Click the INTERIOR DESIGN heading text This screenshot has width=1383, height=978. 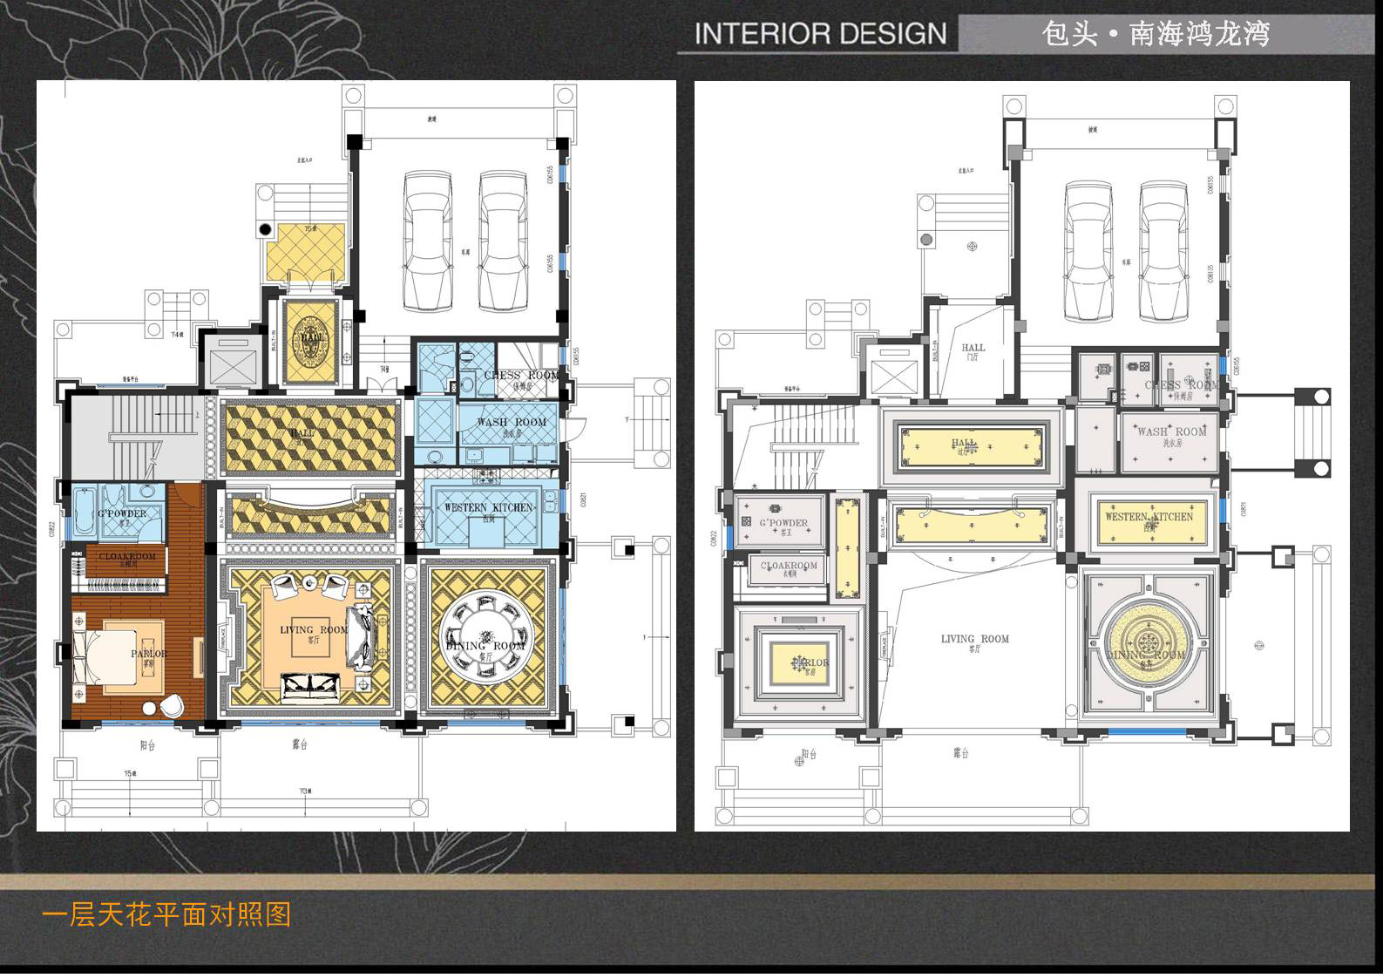click(820, 34)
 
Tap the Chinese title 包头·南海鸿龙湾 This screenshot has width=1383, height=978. click(1156, 34)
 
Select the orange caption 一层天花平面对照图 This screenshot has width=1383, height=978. click(166, 914)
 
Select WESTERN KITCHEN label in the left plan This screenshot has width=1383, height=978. click(488, 507)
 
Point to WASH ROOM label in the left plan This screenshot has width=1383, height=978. click(512, 422)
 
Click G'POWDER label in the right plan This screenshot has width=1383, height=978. click(783, 523)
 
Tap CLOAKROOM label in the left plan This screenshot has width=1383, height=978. click(127, 556)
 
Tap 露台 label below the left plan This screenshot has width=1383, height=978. click(301, 744)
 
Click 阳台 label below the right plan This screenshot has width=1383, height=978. click(809, 754)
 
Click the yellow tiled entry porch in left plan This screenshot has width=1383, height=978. click(304, 253)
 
